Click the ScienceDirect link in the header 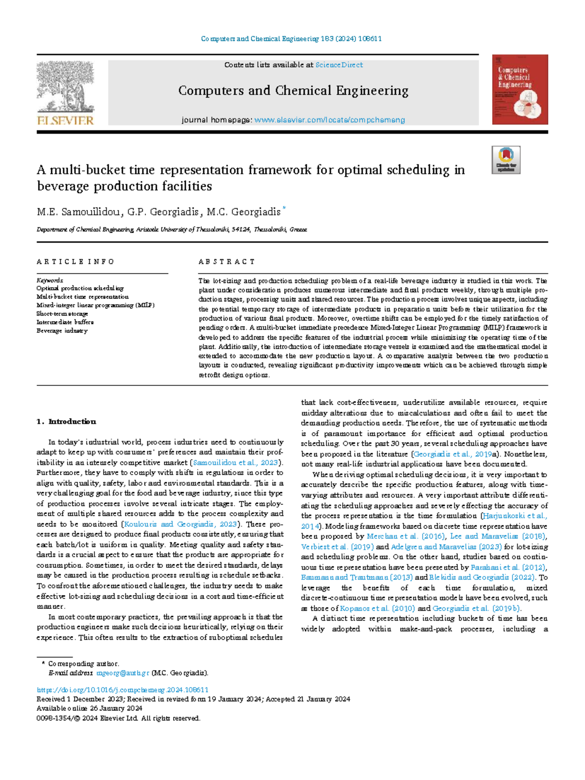[x=339, y=65]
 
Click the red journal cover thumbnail [x=520, y=89]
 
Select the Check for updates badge [x=506, y=160]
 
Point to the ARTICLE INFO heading [x=76, y=262]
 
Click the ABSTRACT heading [x=227, y=262]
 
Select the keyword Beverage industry [x=62, y=331]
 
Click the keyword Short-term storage [x=62, y=314]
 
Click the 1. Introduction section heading [x=66, y=421]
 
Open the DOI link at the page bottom [x=122, y=690]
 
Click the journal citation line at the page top [x=292, y=39]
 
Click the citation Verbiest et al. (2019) [x=337, y=547]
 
